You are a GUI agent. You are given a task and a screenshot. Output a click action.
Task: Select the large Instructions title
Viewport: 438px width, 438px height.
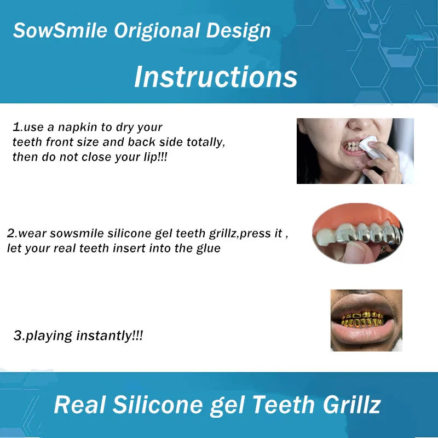click(x=216, y=76)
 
